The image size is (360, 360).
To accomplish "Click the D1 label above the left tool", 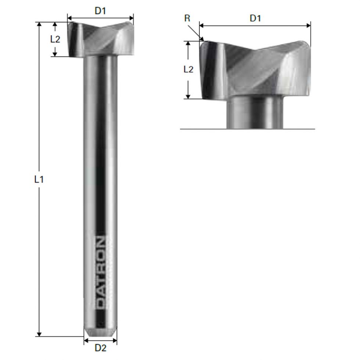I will pos(100,11).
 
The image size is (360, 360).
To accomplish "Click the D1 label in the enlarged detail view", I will pos(255,18).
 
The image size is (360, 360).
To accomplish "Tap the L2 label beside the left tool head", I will pos(55,39).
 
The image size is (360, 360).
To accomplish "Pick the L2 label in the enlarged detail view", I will pos(188,69).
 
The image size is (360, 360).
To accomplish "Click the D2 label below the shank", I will pos(100,348).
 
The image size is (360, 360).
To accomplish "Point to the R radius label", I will pos(187,18).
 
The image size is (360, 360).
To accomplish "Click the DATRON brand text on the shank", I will pos(100,272).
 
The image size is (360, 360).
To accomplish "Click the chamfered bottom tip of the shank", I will pos(100,332).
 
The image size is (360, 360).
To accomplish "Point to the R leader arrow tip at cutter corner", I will pos(202,40).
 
